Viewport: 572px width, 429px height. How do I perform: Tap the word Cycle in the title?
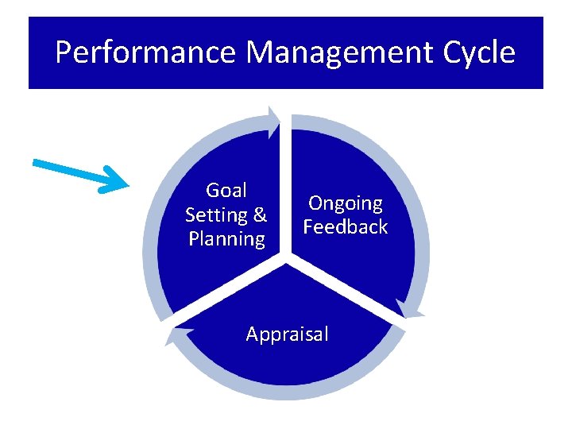click(x=474, y=53)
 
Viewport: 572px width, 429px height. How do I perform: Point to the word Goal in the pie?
click(x=226, y=191)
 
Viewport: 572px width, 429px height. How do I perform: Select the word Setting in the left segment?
click(x=216, y=214)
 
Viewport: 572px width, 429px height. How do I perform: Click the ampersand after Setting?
click(x=259, y=214)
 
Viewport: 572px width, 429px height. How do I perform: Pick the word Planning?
click(x=226, y=239)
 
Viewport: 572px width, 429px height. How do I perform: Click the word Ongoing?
click(x=346, y=203)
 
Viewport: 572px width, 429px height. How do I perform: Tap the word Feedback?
click(x=346, y=227)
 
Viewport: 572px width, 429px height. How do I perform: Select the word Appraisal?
click(x=287, y=334)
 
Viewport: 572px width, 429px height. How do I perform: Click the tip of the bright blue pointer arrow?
click(x=127, y=187)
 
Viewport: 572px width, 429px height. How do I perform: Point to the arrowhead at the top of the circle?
click(x=273, y=120)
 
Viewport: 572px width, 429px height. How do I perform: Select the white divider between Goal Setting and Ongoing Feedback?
click(x=287, y=191)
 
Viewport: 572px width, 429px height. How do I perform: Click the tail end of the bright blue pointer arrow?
click(x=36, y=163)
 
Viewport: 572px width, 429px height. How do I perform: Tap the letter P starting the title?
click(x=64, y=53)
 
